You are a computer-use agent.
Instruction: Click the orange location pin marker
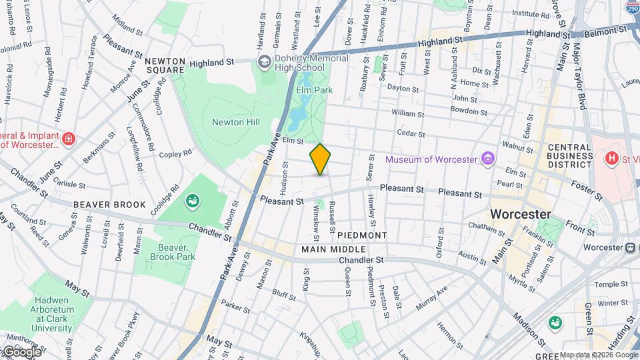[x=320, y=159]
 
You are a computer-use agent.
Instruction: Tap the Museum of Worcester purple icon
[x=489, y=159]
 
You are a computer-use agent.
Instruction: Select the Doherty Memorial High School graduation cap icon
[x=264, y=62]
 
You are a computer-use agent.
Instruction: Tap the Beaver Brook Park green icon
[x=192, y=200]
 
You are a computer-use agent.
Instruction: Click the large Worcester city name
[x=520, y=214]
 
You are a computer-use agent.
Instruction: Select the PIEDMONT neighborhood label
[x=362, y=235]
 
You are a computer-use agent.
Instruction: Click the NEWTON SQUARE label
[x=165, y=65]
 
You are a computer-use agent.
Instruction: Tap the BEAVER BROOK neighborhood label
[x=100, y=204]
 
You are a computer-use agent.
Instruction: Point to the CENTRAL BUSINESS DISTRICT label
[x=570, y=155]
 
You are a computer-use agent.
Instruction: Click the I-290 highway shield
[x=633, y=7]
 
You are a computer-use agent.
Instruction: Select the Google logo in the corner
[x=21, y=351]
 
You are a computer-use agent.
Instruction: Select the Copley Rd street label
[x=176, y=153]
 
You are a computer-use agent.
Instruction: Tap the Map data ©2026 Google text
[x=599, y=355]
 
